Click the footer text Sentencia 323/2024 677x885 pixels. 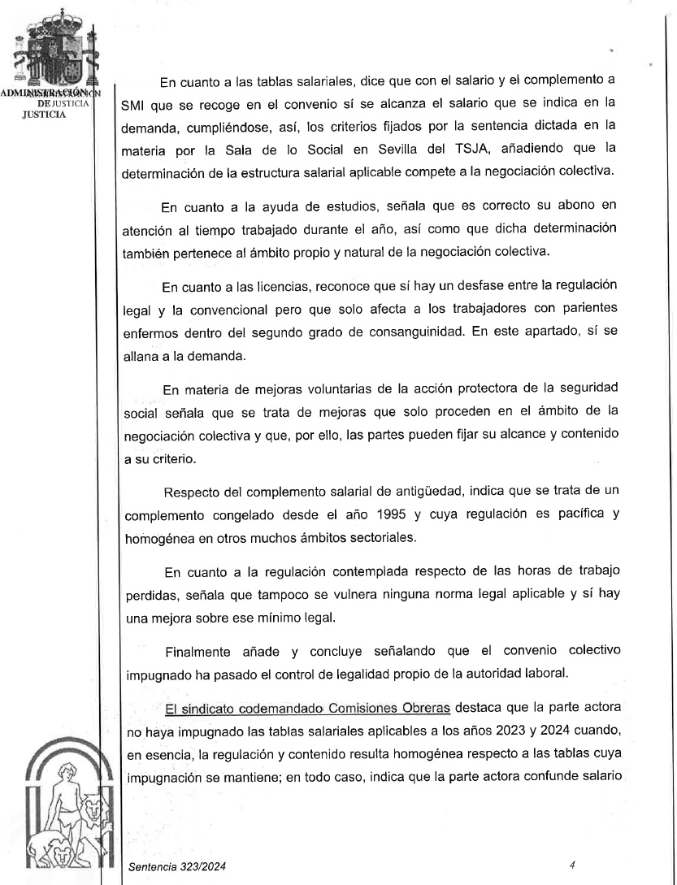pos(171,869)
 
